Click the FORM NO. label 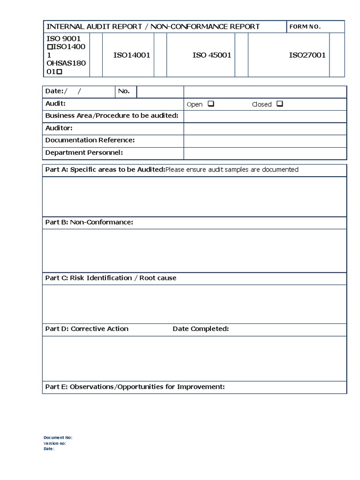point(305,27)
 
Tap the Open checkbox point(210,104)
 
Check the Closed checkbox point(279,104)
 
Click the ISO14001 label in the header point(132,55)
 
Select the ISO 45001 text point(212,55)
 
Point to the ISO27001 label point(307,55)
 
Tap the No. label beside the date point(124,91)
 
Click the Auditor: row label point(59,128)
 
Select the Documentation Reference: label point(90,140)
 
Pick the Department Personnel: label point(84,152)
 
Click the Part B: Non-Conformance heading point(89,222)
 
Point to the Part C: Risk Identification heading point(111,278)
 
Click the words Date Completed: point(201,329)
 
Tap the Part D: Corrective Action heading point(87,329)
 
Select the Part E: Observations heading point(135,387)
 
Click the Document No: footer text point(58,437)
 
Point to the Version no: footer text point(55,443)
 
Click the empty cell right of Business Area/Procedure point(265,116)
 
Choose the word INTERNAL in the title point(62,27)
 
